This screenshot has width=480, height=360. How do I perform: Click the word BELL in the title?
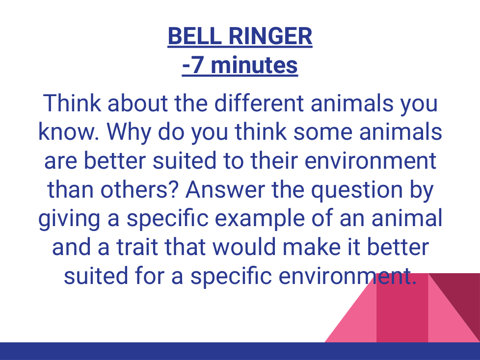click(x=195, y=36)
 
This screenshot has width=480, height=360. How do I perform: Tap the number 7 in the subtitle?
click(x=197, y=65)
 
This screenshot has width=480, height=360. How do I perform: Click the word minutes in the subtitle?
click(x=254, y=65)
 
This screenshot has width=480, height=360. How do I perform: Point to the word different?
click(x=259, y=103)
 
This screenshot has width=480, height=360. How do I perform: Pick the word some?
click(x=322, y=132)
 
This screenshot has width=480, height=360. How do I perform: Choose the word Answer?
click(x=225, y=190)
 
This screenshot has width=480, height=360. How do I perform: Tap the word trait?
click(x=137, y=247)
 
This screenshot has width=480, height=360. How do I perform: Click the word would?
click(x=243, y=247)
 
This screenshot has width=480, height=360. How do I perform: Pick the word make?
click(x=311, y=247)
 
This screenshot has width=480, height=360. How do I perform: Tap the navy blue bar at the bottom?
click(x=240, y=351)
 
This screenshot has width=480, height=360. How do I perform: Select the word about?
click(x=137, y=103)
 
